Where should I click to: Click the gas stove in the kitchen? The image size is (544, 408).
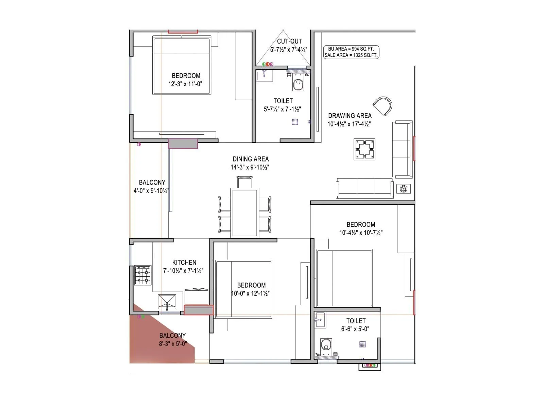(x=143, y=275)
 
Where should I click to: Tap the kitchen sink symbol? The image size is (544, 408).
(x=167, y=302)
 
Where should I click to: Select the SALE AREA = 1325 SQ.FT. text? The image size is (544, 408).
(x=351, y=55)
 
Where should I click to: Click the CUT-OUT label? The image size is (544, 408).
(x=289, y=41)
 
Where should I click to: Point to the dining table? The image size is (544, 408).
(x=245, y=213)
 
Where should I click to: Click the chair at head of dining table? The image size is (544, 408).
(x=245, y=182)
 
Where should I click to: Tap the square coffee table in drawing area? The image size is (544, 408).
(x=364, y=149)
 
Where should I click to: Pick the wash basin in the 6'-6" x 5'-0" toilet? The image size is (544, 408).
(x=320, y=320)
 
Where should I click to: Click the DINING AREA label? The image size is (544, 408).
(x=251, y=159)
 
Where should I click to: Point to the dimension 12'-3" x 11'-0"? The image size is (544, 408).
(x=185, y=84)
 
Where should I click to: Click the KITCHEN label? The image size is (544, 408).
(x=184, y=262)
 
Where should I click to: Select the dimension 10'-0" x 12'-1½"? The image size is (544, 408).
(x=251, y=293)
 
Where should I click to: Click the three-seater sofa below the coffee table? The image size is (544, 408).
(x=364, y=188)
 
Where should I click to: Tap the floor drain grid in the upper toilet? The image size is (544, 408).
(x=295, y=121)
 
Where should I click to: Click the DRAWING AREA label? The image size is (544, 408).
(x=350, y=116)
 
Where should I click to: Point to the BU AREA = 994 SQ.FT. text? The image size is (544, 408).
(x=351, y=49)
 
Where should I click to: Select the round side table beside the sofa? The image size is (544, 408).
(x=404, y=189)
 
